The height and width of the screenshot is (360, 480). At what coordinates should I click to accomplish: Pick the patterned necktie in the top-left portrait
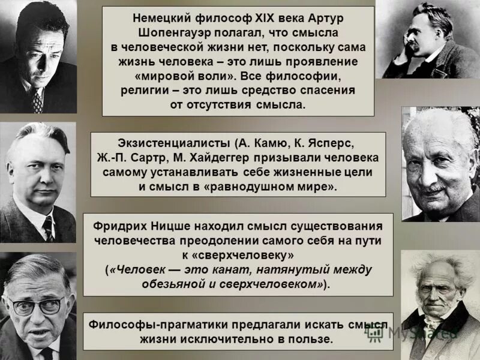(x=37, y=101)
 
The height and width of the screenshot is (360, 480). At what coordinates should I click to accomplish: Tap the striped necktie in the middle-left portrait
(x=48, y=229)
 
